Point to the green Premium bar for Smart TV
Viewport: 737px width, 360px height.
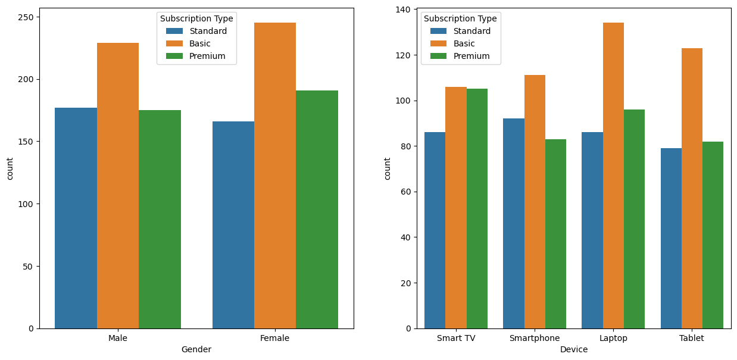pyautogui.click(x=477, y=208)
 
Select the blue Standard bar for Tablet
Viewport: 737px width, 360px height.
pyautogui.click(x=671, y=238)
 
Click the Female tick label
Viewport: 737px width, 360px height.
pyautogui.click(x=275, y=338)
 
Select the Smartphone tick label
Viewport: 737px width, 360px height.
pyautogui.click(x=535, y=338)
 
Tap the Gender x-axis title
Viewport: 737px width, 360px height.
pyautogui.click(x=196, y=349)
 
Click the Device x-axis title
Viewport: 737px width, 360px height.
pyautogui.click(x=574, y=349)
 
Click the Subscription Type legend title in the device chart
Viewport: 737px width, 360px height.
pyautogui.click(x=460, y=18)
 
